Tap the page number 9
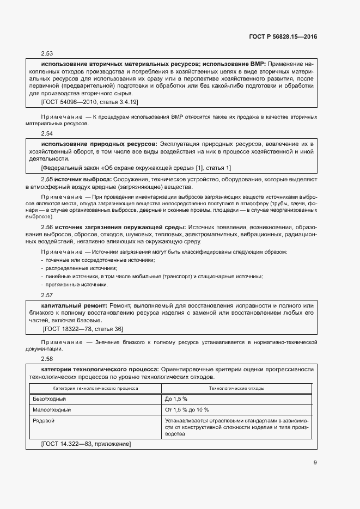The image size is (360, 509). point(315,463)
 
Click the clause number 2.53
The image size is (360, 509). point(47,54)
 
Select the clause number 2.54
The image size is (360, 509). point(47,133)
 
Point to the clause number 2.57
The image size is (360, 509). point(47,295)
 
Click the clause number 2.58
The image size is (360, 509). point(47,359)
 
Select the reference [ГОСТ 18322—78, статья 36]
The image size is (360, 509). point(83,329)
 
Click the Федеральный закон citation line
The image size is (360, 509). point(136,168)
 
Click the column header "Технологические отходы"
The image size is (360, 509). point(237,389)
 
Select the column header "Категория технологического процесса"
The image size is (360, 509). point(95,389)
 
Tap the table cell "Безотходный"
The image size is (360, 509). point(49,399)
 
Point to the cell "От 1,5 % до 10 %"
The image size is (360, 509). point(187,409)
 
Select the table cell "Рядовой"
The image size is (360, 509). point(44,420)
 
